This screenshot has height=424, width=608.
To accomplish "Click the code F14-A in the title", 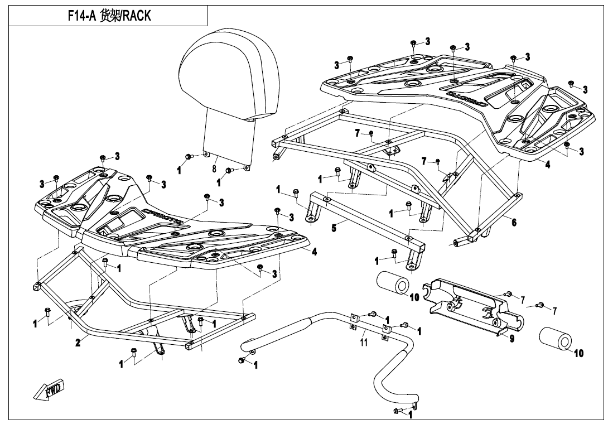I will click(x=81, y=16).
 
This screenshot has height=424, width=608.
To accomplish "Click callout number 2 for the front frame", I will click(x=78, y=342).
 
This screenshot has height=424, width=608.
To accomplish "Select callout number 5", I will click(x=334, y=228).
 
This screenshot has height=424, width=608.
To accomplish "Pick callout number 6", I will click(x=514, y=223).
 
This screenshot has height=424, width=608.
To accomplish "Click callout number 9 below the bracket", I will click(x=512, y=338).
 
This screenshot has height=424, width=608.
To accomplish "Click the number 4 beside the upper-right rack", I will click(x=548, y=165).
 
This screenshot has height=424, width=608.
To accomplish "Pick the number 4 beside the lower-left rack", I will click(x=315, y=252).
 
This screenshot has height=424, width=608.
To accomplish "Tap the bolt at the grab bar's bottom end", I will click(x=397, y=411).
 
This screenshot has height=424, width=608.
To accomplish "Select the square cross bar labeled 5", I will click(x=368, y=218).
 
